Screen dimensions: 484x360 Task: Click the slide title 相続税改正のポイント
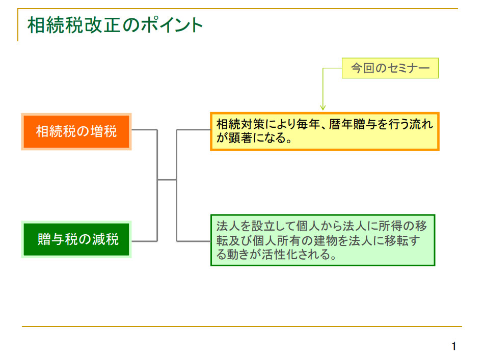(115, 25)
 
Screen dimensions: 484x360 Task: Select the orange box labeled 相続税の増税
(76, 132)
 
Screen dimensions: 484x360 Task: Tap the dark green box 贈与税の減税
(76, 239)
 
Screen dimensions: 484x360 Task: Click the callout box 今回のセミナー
(390, 68)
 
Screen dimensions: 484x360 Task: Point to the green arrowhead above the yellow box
(323, 107)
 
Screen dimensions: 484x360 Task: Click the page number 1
(454, 346)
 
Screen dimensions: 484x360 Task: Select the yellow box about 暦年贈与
(325, 131)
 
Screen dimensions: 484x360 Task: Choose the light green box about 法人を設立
(323, 240)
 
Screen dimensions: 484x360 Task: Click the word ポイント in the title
(172, 25)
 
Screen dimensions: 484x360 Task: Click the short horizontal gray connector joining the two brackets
(167, 180)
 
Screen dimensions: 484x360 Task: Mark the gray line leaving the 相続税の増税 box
(145, 129)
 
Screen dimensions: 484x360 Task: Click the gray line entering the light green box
(194, 241)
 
